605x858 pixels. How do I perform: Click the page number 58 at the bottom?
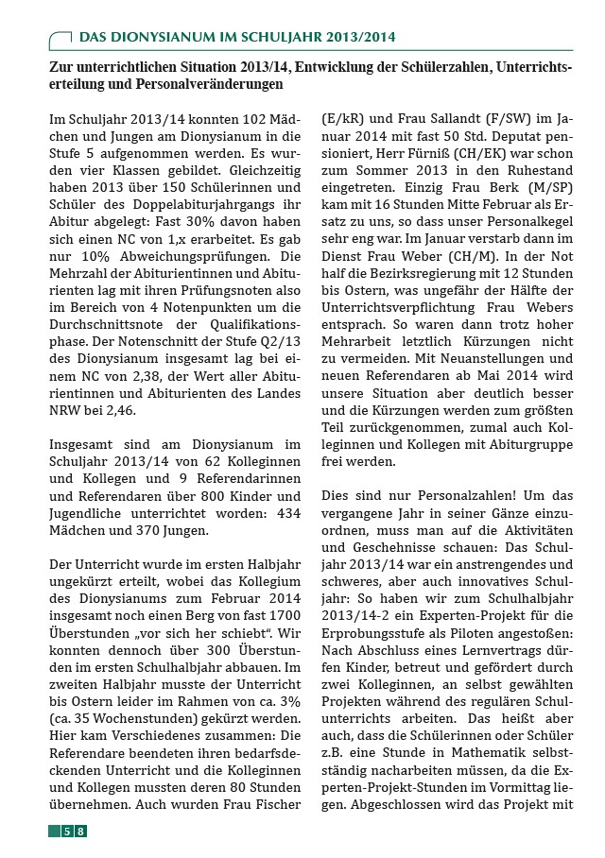(x=74, y=831)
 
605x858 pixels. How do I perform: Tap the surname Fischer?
(x=277, y=804)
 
